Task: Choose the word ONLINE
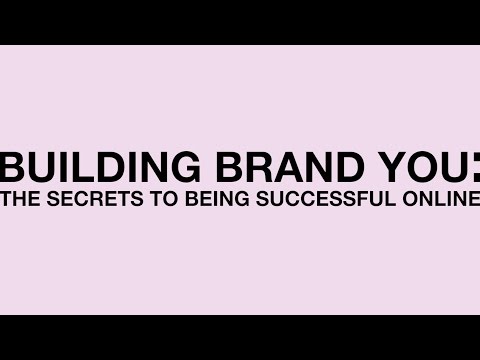point(441,198)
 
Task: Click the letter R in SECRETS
point(96,198)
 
